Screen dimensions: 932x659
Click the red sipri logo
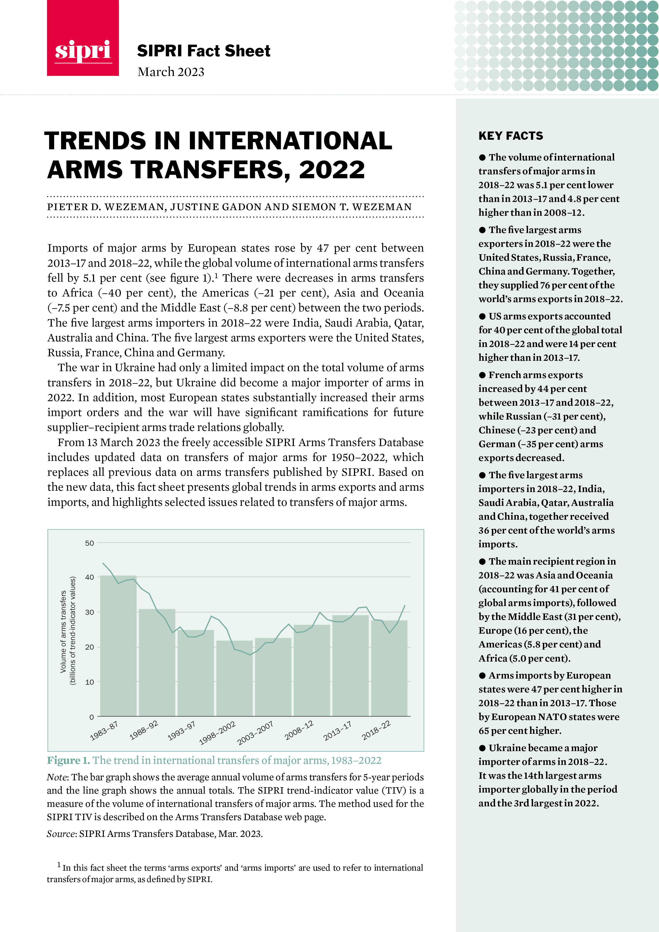83,38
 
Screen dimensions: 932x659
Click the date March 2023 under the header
171,72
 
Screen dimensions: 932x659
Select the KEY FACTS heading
510,135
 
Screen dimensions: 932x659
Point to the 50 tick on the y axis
89,543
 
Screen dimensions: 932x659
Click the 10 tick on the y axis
89,682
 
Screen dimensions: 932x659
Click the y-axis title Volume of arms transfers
63,631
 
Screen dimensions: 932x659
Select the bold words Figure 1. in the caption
68,760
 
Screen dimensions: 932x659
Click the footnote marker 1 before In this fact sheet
59,865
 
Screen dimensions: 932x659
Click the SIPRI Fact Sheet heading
204,51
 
